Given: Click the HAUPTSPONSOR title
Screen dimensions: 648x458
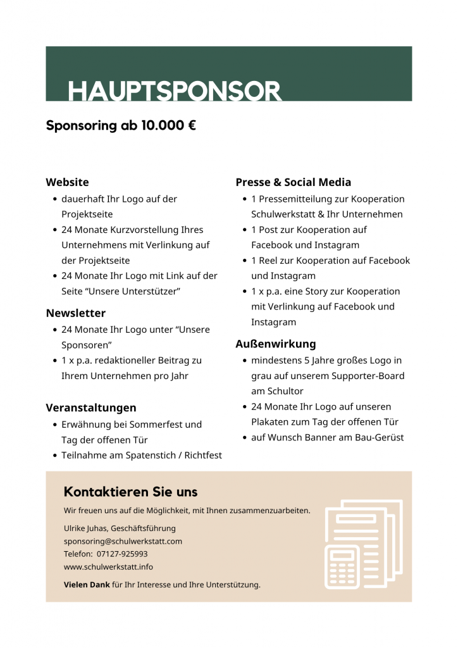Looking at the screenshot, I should tap(175, 91).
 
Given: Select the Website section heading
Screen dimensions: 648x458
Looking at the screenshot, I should tap(67, 182).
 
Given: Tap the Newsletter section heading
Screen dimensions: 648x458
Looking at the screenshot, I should tap(76, 313).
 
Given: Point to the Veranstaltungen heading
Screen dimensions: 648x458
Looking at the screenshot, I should tap(91, 408).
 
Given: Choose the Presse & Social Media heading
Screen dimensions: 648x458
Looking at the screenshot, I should tap(293, 182).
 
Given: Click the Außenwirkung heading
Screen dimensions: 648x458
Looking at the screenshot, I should tap(275, 344).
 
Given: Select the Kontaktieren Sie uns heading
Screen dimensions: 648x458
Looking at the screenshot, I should tap(131, 492).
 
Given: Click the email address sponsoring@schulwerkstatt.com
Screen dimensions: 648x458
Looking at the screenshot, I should tap(123, 541).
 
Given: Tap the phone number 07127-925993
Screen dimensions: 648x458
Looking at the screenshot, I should tap(122, 554).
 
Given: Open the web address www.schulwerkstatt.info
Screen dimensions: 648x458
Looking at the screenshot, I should tap(108, 566).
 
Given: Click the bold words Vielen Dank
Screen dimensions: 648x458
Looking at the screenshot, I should tap(87, 585).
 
